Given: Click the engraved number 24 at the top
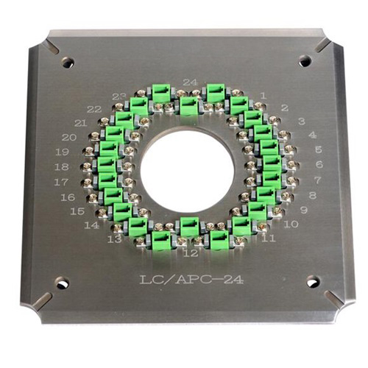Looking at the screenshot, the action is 191,82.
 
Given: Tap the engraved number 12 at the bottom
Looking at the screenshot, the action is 191,252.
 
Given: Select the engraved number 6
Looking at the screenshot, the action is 319,164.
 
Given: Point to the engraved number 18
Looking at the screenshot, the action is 62,167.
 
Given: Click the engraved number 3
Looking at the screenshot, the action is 302,121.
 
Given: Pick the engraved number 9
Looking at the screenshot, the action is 304,210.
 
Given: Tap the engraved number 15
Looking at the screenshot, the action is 77,211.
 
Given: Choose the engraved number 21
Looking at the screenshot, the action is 80,123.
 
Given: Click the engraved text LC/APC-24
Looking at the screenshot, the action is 191,280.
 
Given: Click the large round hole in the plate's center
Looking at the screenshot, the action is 187,170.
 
